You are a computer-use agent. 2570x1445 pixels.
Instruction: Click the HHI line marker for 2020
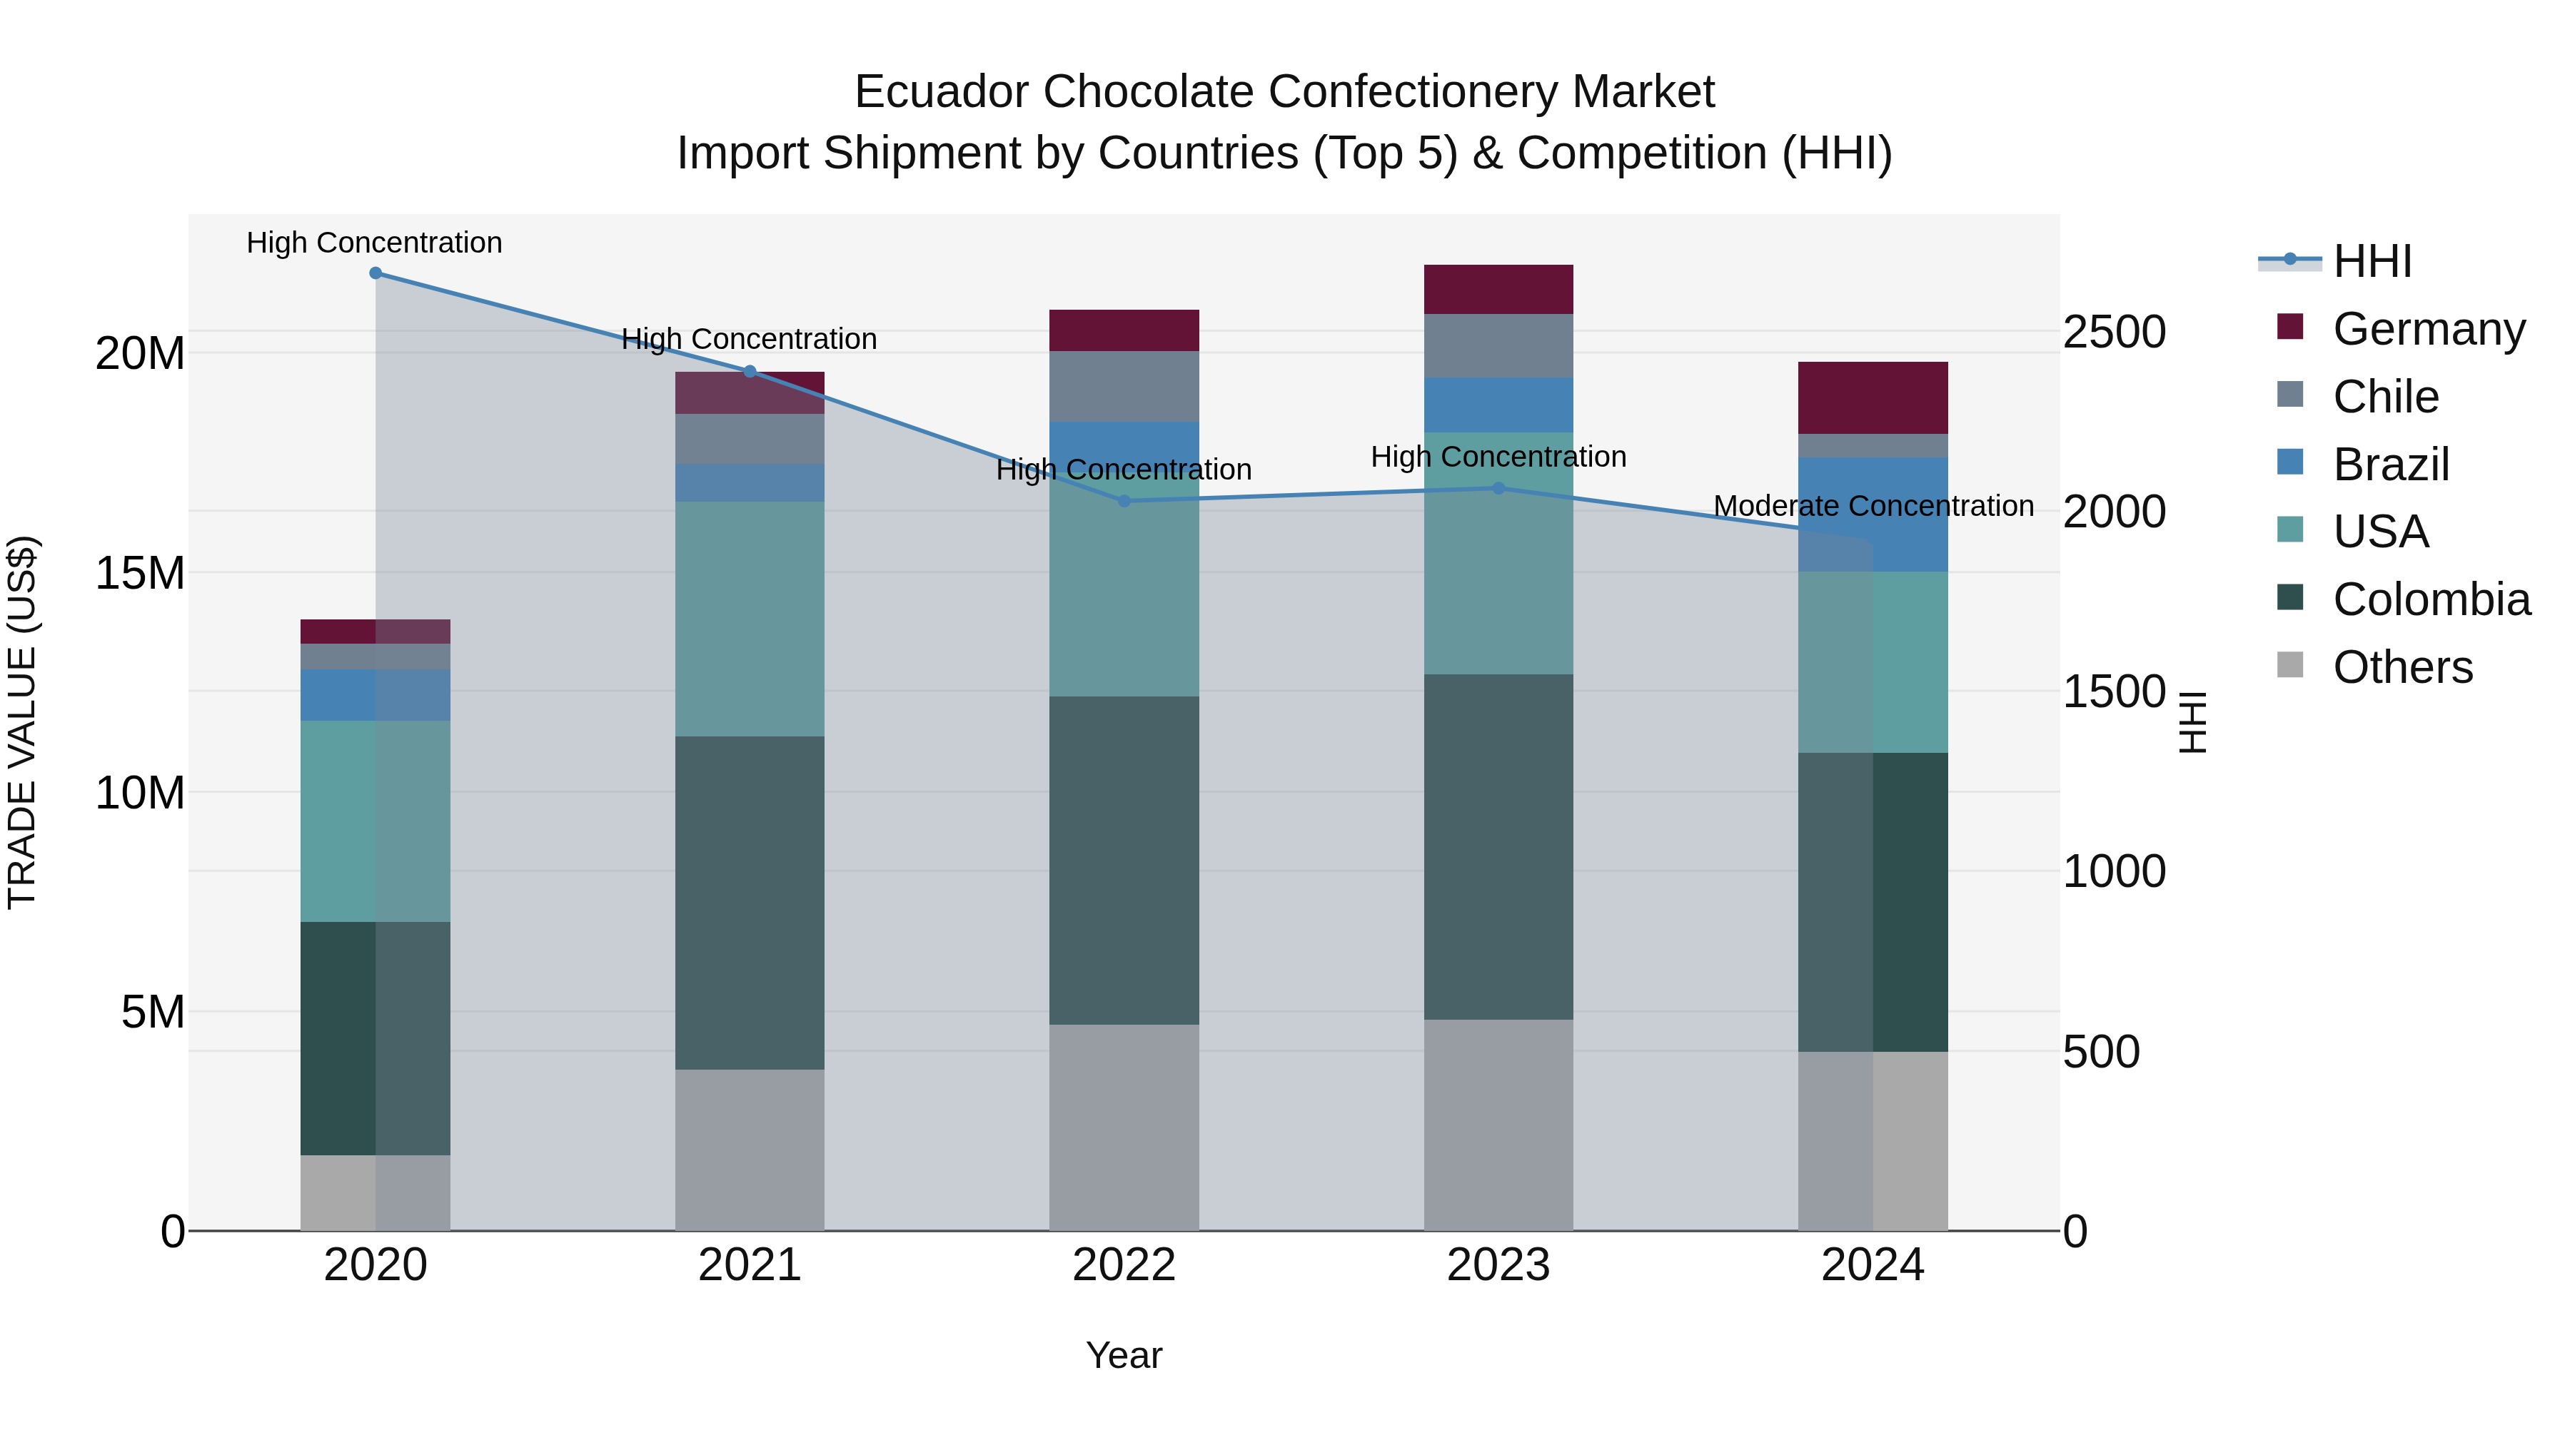pos(375,273)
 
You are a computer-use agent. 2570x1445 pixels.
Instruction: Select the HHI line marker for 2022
pos(1124,501)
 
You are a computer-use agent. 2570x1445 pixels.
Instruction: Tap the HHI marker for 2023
pos(1498,487)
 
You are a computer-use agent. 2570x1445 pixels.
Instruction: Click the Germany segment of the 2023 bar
pos(1498,289)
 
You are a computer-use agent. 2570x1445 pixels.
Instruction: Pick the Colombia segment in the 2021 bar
pos(750,903)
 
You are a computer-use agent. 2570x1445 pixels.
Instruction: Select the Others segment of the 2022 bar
pos(1124,1127)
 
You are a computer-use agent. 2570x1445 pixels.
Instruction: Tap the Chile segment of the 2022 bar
pos(1124,386)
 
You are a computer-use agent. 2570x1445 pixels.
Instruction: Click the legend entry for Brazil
pos(2390,465)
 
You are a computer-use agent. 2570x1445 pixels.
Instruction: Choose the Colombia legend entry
pos(2430,599)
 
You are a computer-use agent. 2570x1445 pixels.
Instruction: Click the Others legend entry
pos(2402,667)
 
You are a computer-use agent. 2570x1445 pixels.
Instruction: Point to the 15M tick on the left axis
pos(140,574)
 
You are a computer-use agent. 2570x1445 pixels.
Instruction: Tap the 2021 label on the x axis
pos(750,1265)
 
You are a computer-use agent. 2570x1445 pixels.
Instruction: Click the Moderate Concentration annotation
pos(1873,506)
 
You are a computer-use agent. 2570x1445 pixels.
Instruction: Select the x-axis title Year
pos(1124,1355)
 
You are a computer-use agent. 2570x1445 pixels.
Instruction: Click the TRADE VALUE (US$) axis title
pos(22,722)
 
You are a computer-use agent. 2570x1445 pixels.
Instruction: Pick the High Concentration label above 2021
pos(750,339)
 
